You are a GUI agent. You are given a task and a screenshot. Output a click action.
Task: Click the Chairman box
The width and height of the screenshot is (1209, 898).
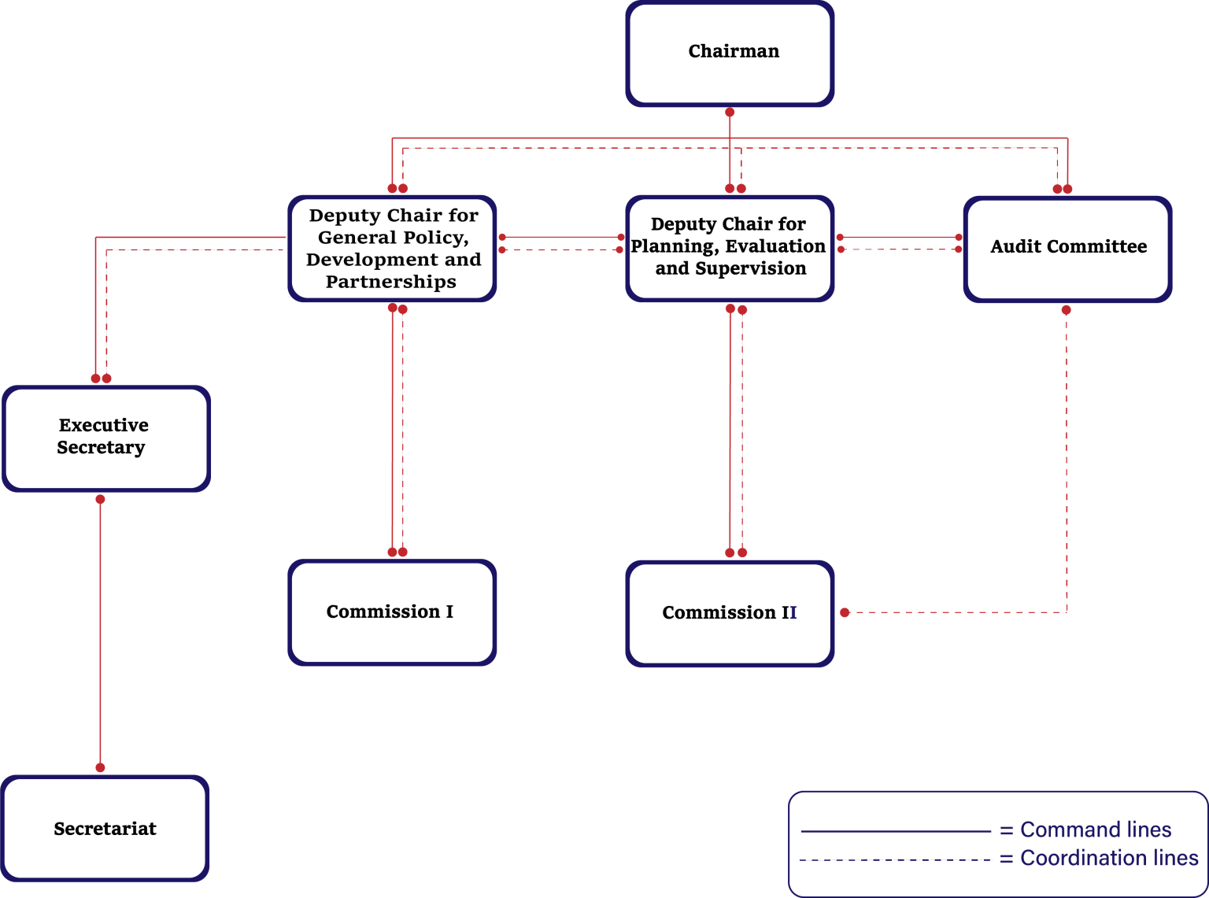pyautogui.click(x=730, y=54)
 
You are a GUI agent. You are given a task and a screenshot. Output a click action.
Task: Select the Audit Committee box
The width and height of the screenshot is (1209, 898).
pyautogui.click(x=1068, y=249)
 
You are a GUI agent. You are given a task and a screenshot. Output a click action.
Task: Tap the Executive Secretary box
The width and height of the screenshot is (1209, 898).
pyautogui.click(x=106, y=439)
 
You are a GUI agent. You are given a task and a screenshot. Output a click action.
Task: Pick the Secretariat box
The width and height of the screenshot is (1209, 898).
pyautogui.click(x=105, y=828)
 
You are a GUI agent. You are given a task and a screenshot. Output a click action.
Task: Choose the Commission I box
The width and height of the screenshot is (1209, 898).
pyautogui.click(x=392, y=612)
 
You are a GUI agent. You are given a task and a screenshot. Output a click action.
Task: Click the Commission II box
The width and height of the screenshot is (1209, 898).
pyautogui.click(x=730, y=613)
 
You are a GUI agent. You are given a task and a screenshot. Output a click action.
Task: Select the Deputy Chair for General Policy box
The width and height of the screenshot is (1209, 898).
pyautogui.click(x=392, y=249)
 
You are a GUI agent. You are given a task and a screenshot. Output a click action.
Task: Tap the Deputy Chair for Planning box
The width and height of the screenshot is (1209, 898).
pyautogui.click(x=730, y=249)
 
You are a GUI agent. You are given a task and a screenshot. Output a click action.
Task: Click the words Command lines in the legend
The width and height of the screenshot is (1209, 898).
pyautogui.click(x=1096, y=830)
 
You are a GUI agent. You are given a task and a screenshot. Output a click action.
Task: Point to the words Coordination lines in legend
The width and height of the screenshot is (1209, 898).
pyautogui.click(x=1109, y=858)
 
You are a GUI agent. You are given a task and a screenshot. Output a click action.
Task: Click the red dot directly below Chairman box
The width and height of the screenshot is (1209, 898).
pyautogui.click(x=730, y=113)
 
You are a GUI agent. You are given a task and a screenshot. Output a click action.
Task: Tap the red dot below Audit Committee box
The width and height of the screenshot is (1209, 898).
pyautogui.click(x=1067, y=310)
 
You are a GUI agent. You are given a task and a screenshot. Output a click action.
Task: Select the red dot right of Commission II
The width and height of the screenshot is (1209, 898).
pyautogui.click(x=845, y=613)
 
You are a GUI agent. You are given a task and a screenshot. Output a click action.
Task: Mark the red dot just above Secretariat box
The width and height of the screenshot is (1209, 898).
pyautogui.click(x=100, y=767)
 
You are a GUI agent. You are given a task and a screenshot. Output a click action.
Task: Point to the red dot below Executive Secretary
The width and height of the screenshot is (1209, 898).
pyautogui.click(x=100, y=500)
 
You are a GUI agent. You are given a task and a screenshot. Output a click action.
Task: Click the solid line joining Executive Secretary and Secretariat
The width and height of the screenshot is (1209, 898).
pyautogui.click(x=100, y=634)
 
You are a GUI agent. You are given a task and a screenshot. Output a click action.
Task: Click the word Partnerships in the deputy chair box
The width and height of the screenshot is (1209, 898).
pyautogui.click(x=391, y=282)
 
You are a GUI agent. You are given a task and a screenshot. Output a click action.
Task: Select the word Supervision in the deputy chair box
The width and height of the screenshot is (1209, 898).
pyautogui.click(x=751, y=268)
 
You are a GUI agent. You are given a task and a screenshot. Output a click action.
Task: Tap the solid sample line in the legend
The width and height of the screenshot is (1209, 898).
pyautogui.click(x=896, y=831)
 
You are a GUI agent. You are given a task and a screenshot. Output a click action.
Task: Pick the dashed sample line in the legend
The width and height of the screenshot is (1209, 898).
pyautogui.click(x=895, y=860)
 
